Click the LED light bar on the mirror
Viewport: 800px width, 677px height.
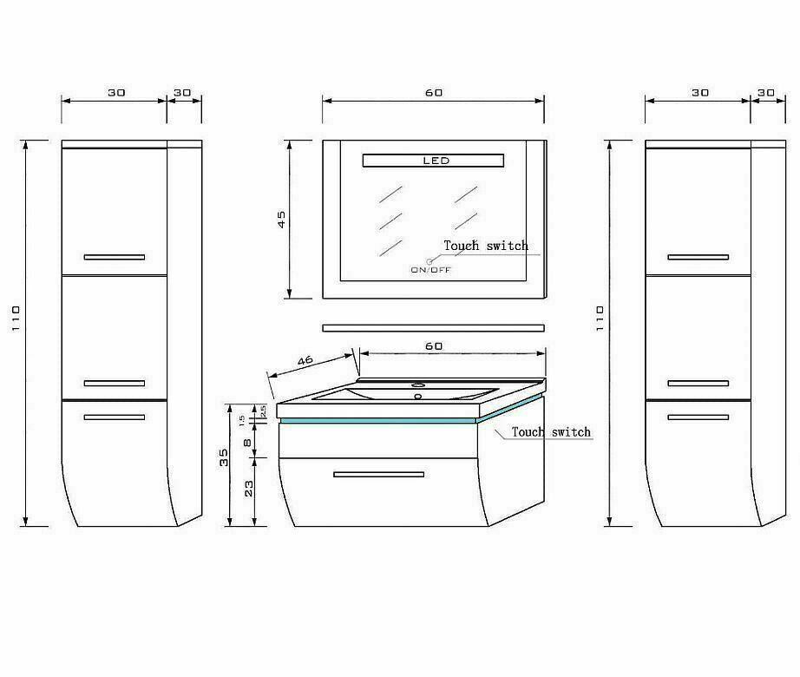click(x=433, y=161)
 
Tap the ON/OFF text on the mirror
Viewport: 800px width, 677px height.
click(x=431, y=270)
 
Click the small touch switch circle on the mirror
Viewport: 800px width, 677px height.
click(x=430, y=262)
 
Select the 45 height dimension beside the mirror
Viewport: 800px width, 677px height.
click(x=282, y=220)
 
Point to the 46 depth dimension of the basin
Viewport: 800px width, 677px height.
click(x=305, y=361)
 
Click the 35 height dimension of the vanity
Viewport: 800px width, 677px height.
click(x=224, y=457)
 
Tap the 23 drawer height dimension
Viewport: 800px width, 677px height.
click(x=248, y=489)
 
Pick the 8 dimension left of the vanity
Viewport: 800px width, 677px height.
click(x=247, y=443)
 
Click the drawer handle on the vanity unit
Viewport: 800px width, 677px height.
click(x=378, y=475)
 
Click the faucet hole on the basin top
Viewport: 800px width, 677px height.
click(x=418, y=385)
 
